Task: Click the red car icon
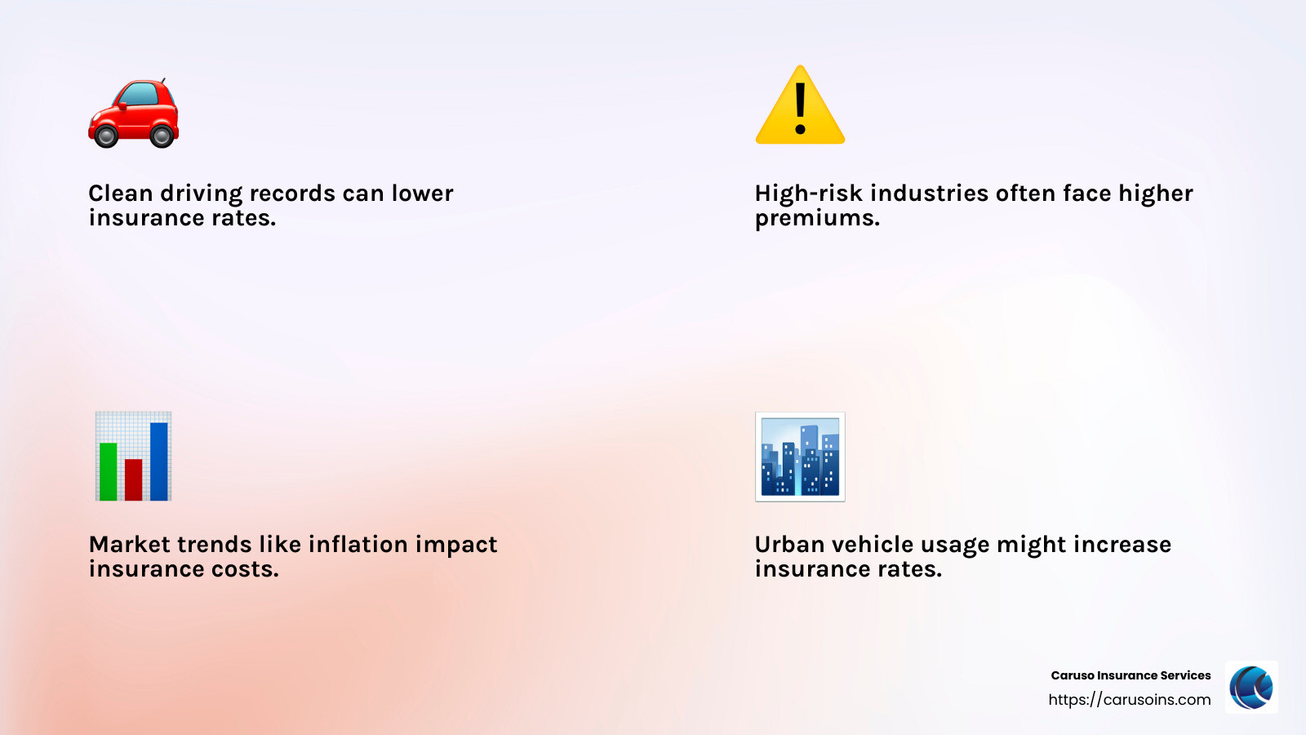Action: [133, 113]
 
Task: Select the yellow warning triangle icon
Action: [800, 106]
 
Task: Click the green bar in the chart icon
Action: [108, 471]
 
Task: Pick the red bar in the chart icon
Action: [133, 479]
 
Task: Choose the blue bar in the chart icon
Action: [159, 461]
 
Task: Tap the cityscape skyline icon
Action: [800, 457]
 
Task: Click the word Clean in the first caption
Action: [121, 194]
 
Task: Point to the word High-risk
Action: [809, 194]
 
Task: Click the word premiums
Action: [817, 219]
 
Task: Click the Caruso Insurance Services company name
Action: [1131, 675]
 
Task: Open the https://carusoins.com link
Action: [1129, 700]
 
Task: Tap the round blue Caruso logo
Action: [1251, 687]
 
